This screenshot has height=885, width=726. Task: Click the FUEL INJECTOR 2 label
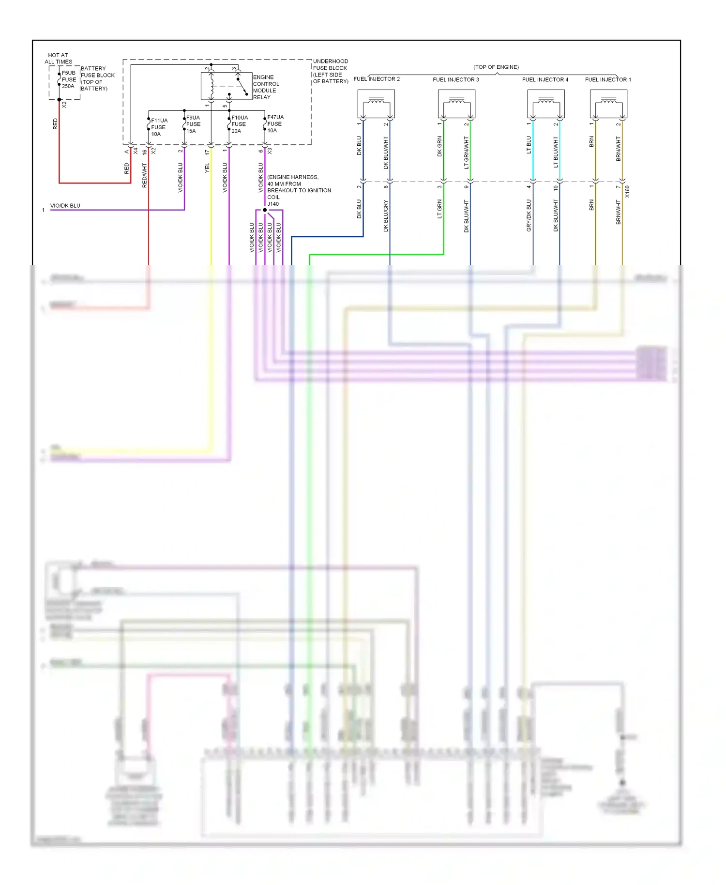point(377,79)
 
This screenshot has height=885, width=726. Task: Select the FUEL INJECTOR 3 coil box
point(456,104)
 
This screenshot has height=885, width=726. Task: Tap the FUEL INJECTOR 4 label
point(545,79)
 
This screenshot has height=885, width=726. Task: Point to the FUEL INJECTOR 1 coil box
point(608,104)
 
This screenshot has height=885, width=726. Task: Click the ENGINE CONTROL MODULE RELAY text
point(266,87)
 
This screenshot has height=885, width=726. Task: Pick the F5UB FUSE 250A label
point(69,79)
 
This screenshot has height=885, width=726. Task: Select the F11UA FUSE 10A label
point(159,127)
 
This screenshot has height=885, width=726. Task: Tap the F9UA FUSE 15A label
point(193,124)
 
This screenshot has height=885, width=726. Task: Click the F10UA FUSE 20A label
point(239,124)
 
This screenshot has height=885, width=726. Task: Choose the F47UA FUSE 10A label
point(275,124)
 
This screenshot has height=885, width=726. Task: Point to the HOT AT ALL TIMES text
point(58,59)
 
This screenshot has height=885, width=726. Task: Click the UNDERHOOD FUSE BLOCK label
point(330,71)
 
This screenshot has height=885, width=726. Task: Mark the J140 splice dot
point(265,210)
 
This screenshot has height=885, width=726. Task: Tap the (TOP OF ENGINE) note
point(496,67)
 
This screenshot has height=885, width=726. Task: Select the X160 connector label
point(627,191)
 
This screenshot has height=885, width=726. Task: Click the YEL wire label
point(207,168)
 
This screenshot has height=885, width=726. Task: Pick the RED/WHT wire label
point(144,175)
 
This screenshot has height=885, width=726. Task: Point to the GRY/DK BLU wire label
point(529,215)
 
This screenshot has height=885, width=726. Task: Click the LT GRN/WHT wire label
point(467,153)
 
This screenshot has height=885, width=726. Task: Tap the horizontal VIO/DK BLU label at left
point(65,206)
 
